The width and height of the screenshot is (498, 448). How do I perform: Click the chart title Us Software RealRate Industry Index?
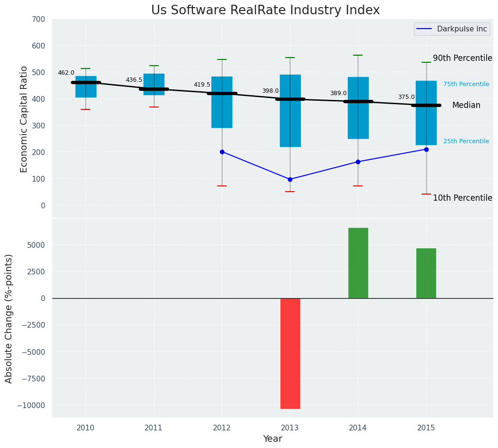(x=265, y=10)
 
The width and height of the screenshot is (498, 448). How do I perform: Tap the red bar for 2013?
(x=290, y=353)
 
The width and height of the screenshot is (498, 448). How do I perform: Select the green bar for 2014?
(x=358, y=263)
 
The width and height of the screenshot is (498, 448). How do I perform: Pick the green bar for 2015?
(x=426, y=273)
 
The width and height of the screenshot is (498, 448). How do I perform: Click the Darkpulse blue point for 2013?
(x=290, y=179)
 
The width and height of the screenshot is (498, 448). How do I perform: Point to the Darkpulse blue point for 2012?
(x=222, y=152)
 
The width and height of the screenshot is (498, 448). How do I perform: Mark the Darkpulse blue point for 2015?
(x=426, y=149)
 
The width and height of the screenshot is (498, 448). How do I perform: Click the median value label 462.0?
(x=66, y=73)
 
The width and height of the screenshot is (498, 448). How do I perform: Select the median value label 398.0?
(x=270, y=91)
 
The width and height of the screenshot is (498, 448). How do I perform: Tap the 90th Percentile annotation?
(x=462, y=58)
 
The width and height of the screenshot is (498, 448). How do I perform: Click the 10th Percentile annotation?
(x=462, y=198)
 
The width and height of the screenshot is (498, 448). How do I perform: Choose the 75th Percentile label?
(x=466, y=84)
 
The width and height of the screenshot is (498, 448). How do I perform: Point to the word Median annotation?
(x=466, y=105)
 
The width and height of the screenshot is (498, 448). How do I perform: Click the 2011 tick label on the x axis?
(x=153, y=428)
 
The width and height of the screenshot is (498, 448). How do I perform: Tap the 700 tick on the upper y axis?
(x=38, y=19)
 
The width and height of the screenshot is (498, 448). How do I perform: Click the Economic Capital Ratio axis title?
(x=24, y=119)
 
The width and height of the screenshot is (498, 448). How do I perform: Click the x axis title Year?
(x=272, y=438)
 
